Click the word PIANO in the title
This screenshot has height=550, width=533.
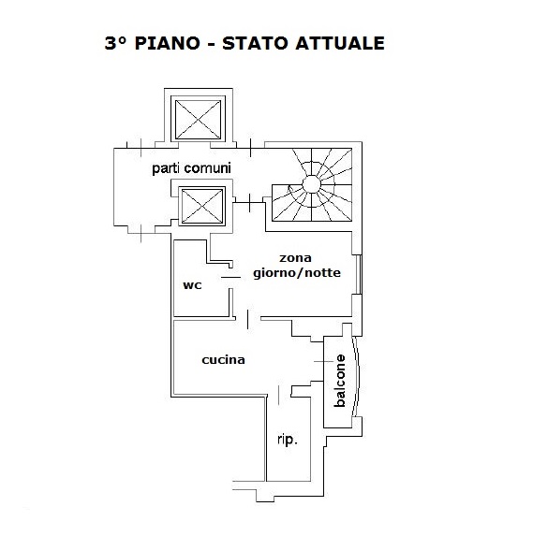pos(168,43)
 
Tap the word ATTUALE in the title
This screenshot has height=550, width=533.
pos(340,43)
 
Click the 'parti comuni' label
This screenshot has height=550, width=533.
pos(191,168)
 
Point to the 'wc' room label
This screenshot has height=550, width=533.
pos(192,285)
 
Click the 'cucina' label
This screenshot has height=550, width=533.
pos(223,359)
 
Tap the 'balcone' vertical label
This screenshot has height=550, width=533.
pos(340,381)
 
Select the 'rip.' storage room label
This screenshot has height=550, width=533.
pos(288,440)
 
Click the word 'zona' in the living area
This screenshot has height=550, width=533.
pos(295,258)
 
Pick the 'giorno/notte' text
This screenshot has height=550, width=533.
pos(297,273)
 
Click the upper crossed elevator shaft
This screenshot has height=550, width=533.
pos(199,120)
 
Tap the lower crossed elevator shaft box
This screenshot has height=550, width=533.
pos(202,206)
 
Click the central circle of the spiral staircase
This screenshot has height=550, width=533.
pos(311,183)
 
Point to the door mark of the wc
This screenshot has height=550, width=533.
pos(230,278)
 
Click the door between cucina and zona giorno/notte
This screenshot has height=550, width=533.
pos(248,319)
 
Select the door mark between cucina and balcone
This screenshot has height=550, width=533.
pos(323,361)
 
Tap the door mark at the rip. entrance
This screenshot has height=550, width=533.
pos(279,395)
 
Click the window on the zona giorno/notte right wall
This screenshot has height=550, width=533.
pos(359,274)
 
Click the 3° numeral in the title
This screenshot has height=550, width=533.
pos(115,43)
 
